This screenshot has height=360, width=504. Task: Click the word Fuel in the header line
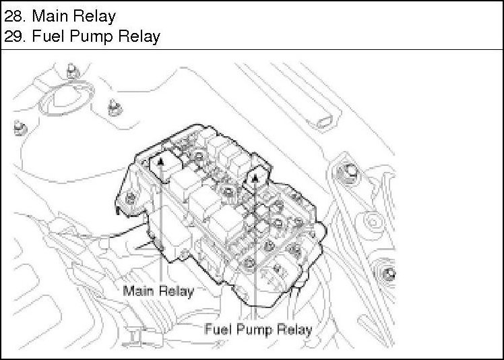tap(47, 36)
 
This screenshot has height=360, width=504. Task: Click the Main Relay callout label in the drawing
tap(158, 291)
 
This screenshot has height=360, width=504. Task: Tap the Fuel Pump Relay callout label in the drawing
tap(257, 330)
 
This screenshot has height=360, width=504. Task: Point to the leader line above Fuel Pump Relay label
tap(256, 256)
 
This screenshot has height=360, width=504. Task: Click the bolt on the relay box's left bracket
tap(130, 198)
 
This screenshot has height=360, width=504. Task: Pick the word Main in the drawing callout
tap(137, 291)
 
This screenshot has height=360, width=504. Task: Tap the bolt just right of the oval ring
tap(112, 104)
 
